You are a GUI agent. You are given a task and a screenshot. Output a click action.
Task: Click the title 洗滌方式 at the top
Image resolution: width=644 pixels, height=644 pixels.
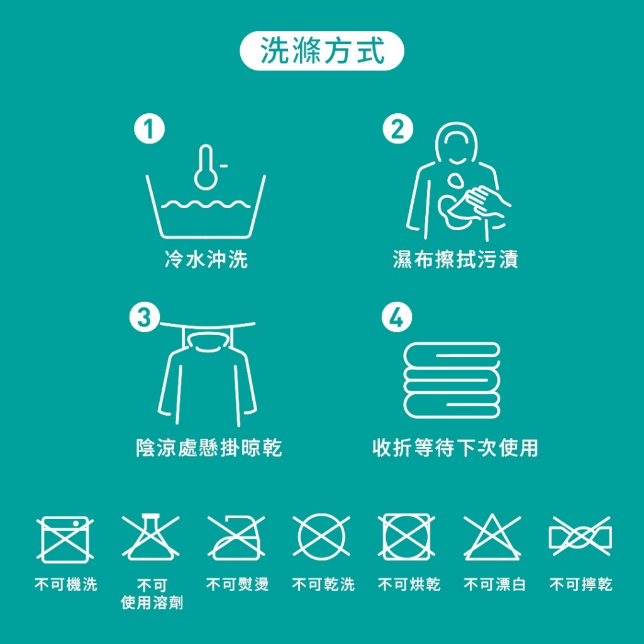321,51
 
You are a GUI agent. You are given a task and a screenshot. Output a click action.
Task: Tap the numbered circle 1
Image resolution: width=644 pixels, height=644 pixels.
150,131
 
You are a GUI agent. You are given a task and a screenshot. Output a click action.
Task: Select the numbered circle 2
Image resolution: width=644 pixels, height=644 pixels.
398,130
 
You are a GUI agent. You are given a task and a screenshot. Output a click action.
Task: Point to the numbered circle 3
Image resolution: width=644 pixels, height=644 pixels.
145,318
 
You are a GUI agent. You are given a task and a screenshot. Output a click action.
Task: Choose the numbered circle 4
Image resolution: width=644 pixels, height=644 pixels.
397,319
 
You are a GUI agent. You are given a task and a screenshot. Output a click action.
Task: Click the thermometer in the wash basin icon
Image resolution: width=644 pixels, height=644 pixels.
206,167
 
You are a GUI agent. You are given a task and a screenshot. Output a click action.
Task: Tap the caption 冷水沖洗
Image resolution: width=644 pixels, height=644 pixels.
206,259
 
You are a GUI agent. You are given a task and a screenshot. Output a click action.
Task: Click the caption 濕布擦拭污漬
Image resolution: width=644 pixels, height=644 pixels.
455,259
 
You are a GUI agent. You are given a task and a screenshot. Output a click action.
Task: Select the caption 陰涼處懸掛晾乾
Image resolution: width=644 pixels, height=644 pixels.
209,448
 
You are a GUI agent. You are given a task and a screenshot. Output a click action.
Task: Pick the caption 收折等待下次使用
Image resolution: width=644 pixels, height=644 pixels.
455,448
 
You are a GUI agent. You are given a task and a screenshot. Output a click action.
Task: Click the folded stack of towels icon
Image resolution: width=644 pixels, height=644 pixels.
452,380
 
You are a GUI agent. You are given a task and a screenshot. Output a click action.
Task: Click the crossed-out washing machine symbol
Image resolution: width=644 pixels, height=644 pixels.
65,538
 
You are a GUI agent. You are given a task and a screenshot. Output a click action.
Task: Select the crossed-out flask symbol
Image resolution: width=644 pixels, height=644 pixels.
151,538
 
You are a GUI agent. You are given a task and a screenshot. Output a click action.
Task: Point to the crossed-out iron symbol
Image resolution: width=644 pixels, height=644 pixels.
236,538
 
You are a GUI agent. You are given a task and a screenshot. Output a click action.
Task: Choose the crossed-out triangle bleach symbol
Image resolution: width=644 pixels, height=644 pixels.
492,538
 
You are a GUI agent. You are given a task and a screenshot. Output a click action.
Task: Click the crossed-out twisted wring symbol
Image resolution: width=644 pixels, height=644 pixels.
580,538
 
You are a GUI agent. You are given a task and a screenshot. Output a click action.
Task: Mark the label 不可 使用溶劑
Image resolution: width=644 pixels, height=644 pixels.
152,594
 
